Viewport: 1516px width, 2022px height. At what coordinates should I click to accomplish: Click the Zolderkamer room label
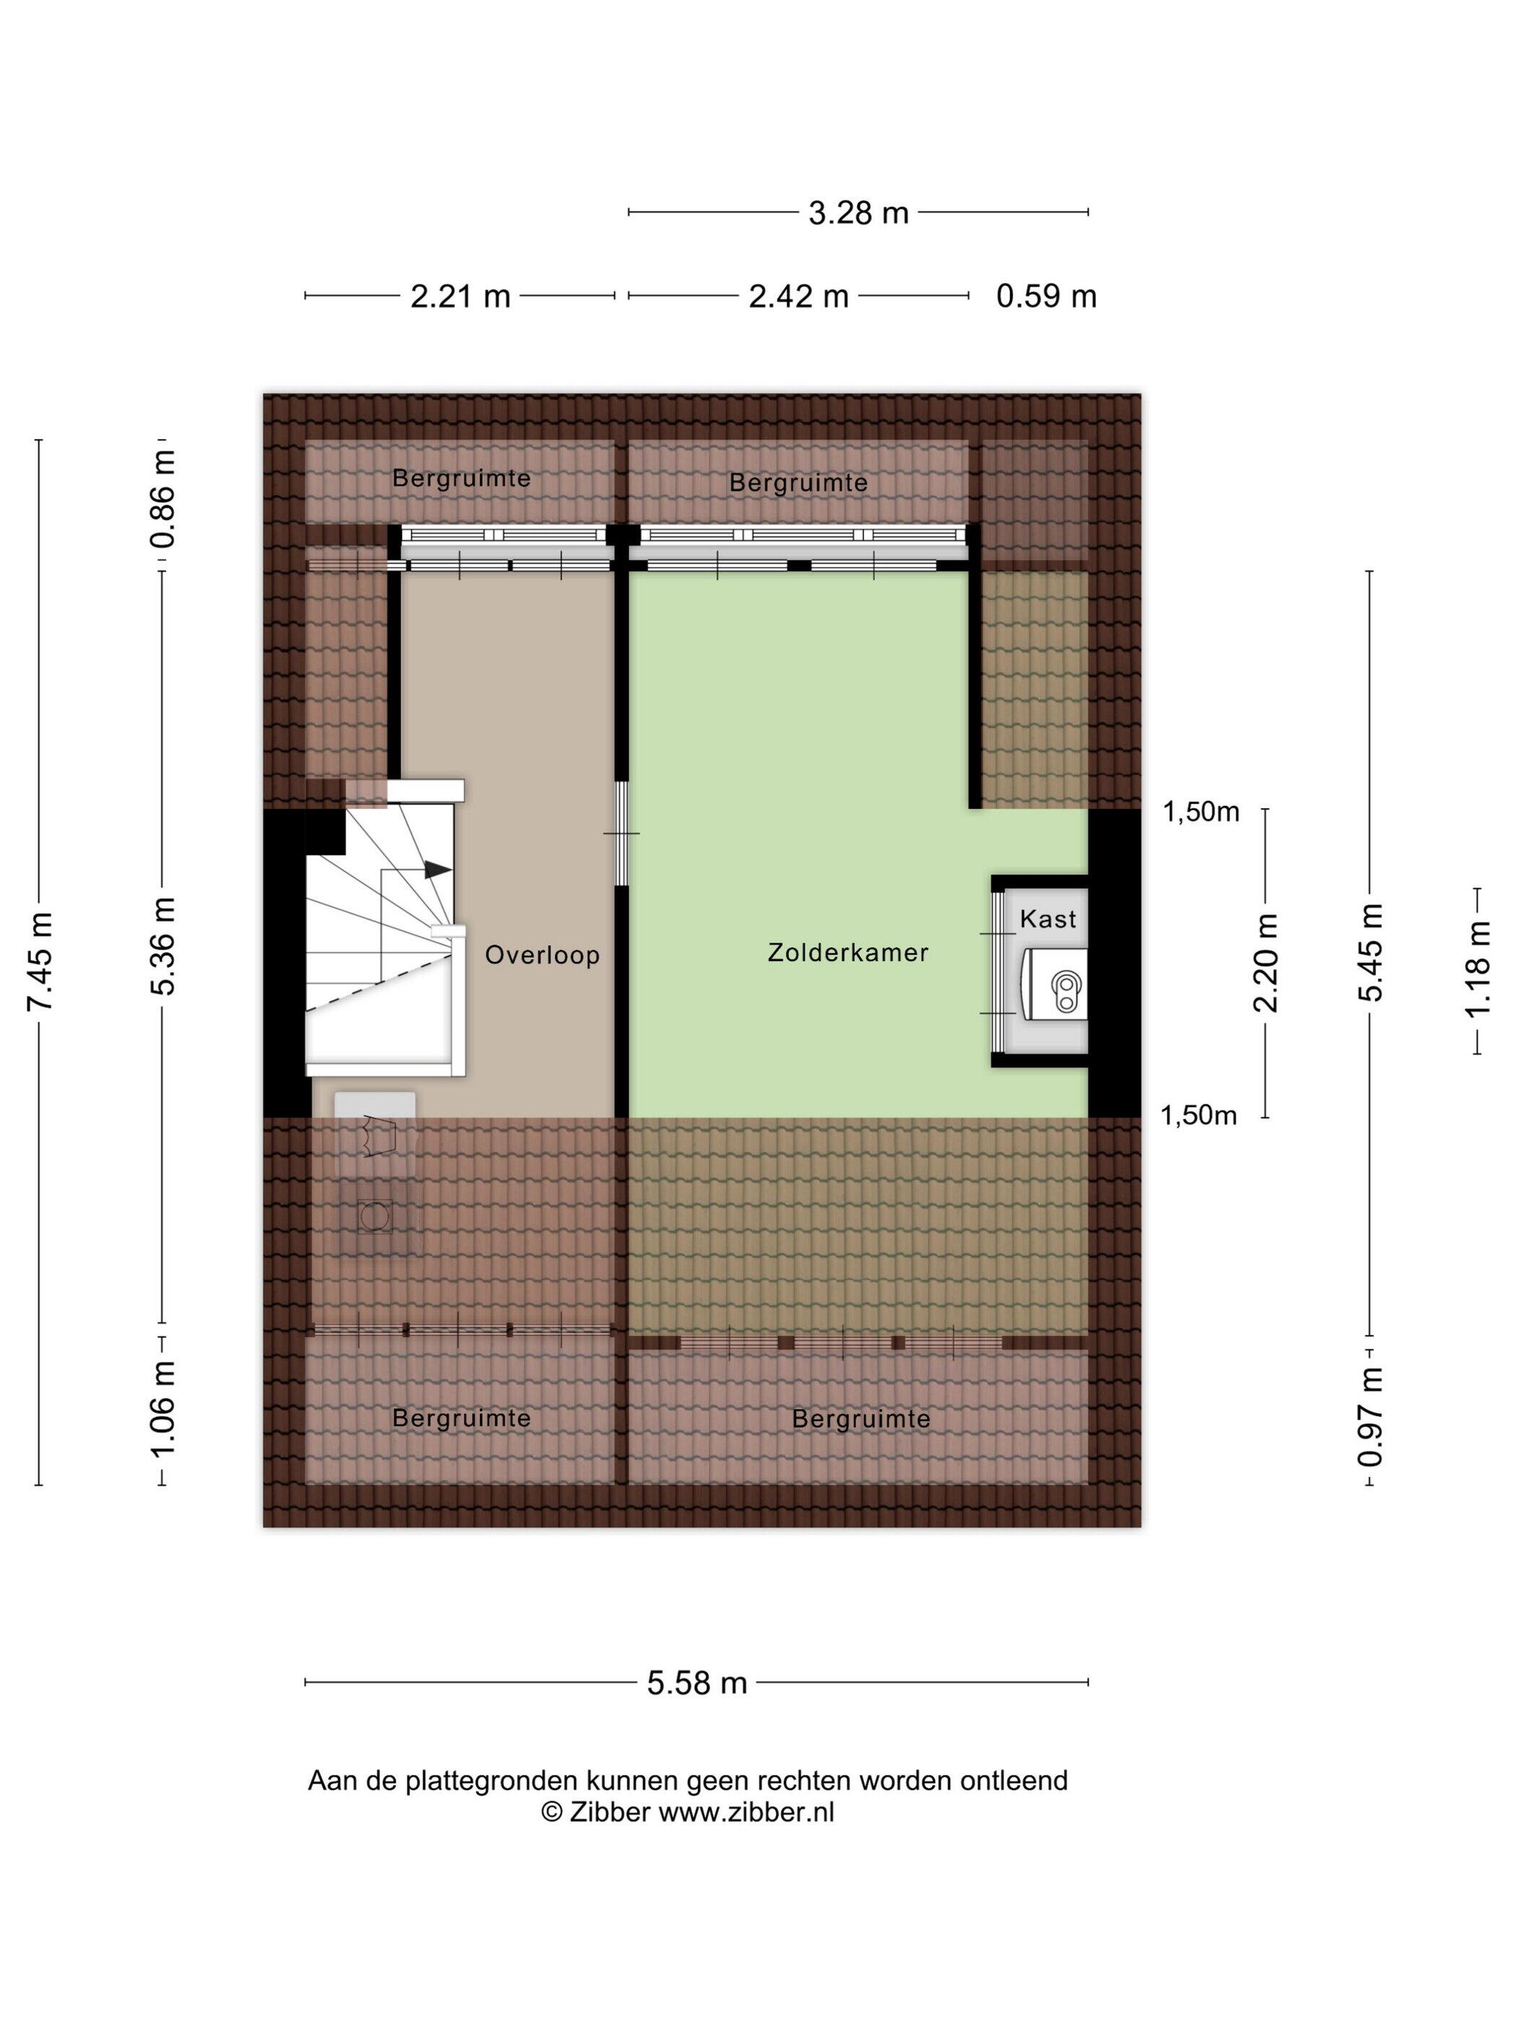(847, 952)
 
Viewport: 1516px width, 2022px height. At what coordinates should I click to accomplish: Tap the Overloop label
(542, 955)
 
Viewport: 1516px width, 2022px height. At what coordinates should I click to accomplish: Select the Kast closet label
(1047, 919)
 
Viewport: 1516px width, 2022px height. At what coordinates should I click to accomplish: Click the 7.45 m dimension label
(40, 962)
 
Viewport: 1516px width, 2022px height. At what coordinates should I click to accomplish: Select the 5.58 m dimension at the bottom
(697, 1683)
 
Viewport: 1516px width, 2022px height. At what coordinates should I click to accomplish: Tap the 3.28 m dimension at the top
(858, 213)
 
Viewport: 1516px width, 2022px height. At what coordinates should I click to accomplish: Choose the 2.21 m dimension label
(460, 296)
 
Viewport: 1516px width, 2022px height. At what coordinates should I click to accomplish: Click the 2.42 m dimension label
(798, 296)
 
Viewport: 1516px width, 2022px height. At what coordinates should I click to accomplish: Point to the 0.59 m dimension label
(1045, 296)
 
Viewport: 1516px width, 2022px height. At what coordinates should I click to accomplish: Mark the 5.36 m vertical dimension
(164, 945)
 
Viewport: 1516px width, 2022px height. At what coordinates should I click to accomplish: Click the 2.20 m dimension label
(1265, 963)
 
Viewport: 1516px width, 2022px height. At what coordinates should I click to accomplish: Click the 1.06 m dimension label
(164, 1410)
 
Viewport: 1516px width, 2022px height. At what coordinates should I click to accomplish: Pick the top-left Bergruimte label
(461, 478)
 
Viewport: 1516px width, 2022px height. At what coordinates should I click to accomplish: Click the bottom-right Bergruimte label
(861, 1419)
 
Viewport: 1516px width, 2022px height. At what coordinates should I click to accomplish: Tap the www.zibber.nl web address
(746, 1811)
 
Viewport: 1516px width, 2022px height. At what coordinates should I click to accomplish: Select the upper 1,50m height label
(1201, 812)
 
